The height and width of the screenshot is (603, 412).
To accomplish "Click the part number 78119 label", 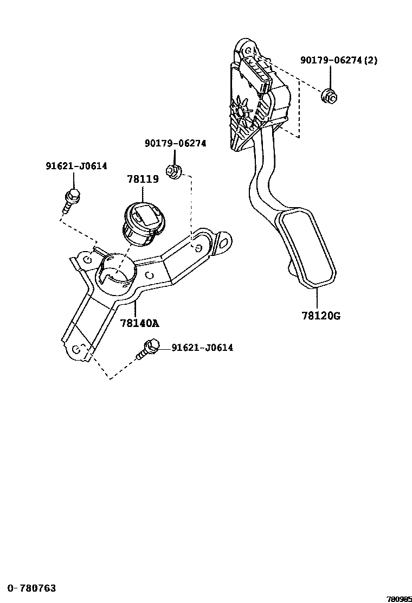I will coord(143,179).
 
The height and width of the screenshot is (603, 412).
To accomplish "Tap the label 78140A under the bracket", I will coord(139,323).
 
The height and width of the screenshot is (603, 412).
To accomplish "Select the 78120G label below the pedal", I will coord(321,316).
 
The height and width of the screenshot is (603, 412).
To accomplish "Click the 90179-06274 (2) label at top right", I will coord(339,60).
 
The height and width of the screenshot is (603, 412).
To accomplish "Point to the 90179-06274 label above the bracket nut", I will coord(175,143).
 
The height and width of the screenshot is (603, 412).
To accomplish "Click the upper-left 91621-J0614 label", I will coord(76,166).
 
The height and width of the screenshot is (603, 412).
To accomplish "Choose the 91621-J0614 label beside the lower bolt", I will coord(202,347).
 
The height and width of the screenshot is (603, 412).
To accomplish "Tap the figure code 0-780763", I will coord(31,588).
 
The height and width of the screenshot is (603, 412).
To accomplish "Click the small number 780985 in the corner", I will coord(399,599).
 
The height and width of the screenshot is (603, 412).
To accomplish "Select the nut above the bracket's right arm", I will coord(173,171).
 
